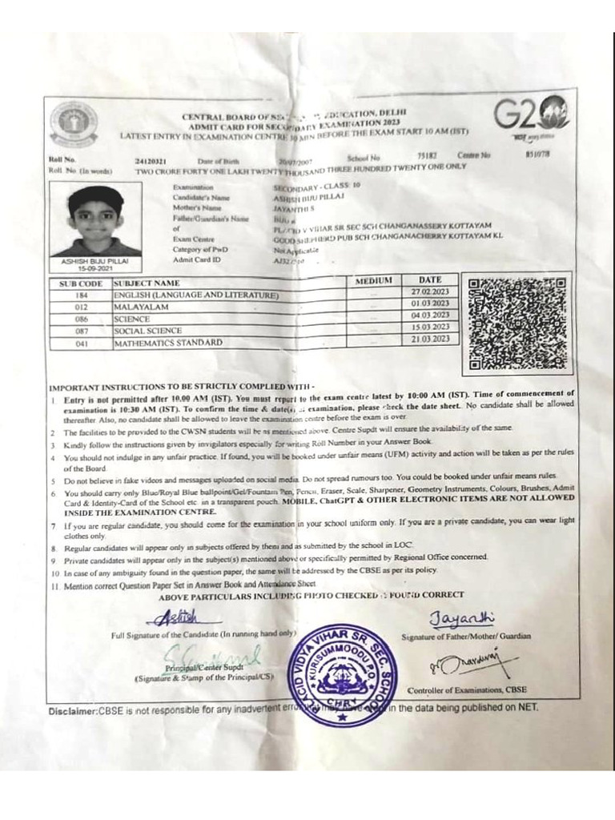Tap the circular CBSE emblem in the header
tap(74, 122)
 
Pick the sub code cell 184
tap(81, 295)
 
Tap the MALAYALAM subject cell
tap(141, 307)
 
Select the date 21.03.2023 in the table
tap(430, 339)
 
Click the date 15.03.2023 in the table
tap(430, 327)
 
